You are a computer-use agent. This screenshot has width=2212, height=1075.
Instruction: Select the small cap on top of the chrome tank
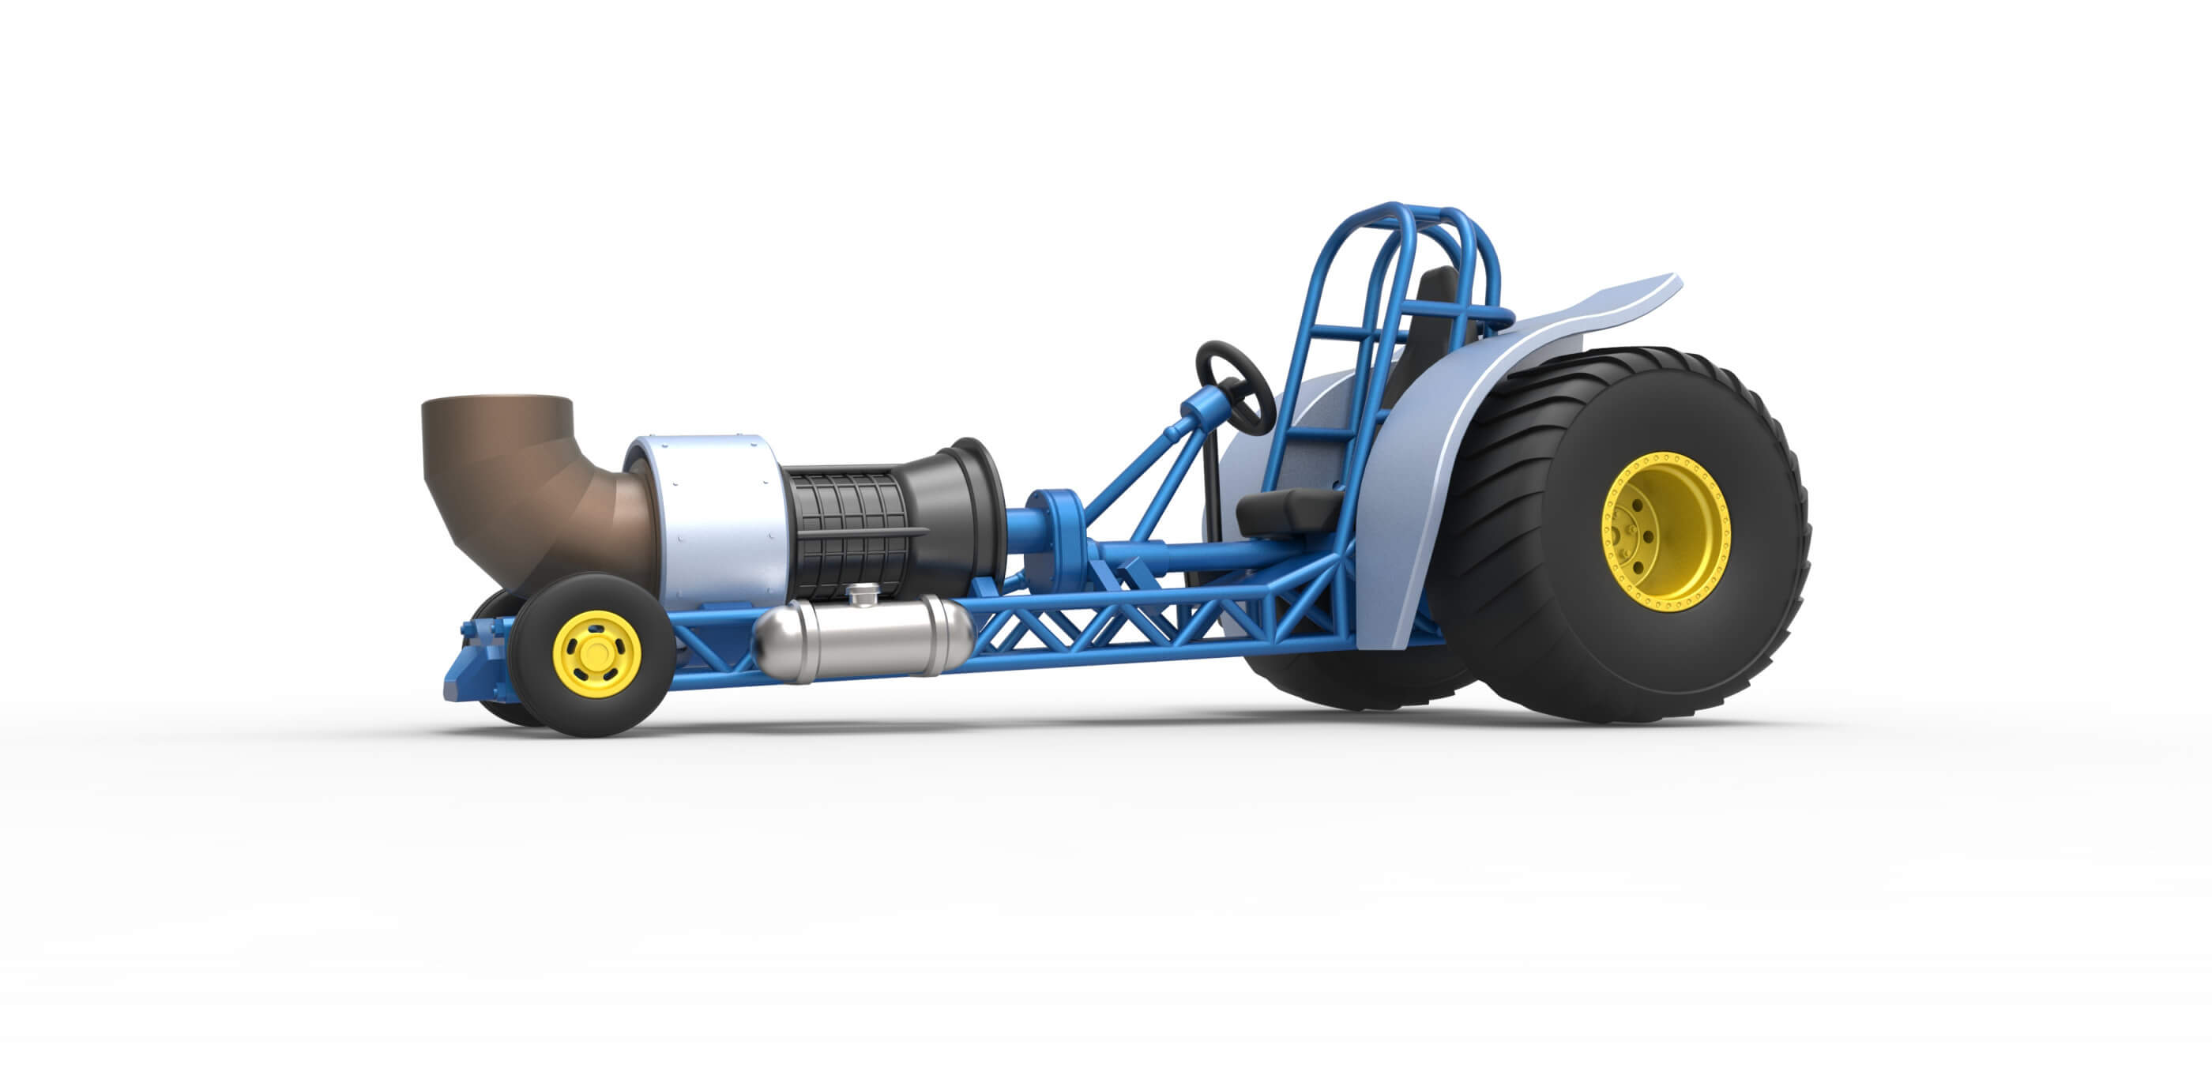click(x=863, y=593)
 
